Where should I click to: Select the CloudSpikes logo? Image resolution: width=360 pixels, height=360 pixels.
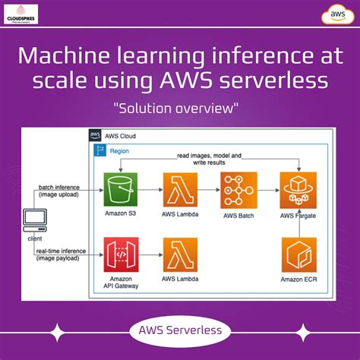pos(26,15)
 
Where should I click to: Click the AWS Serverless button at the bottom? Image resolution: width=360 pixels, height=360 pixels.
pos(180,330)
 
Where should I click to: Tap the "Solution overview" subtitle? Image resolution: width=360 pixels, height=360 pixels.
pos(180,109)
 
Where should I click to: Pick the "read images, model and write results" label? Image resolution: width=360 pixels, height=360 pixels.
pos(209,159)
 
